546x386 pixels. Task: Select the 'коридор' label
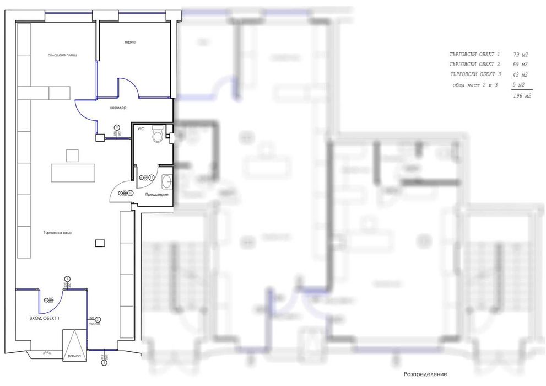[x=118, y=108]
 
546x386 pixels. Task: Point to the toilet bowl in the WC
[x=157, y=136]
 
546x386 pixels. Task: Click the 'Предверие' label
[x=156, y=195]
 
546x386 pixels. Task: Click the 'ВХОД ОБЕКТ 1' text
[x=44, y=319]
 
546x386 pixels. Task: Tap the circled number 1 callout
[x=67, y=278]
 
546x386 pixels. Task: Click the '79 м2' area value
[x=521, y=55]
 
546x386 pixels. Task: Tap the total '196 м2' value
[x=521, y=96]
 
